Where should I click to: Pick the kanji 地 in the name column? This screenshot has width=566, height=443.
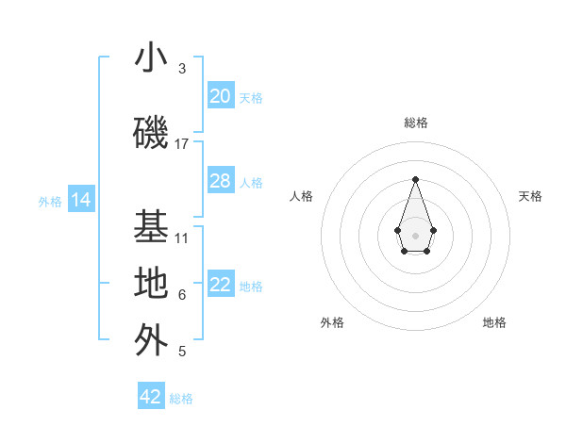(151, 283)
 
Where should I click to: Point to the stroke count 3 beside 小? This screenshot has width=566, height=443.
(182, 69)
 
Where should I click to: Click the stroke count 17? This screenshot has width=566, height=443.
(182, 144)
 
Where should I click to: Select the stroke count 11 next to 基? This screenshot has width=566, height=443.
(182, 238)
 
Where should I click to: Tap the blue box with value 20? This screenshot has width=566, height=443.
(221, 96)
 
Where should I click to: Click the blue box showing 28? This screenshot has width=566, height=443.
(221, 181)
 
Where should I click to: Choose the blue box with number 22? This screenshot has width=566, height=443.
(221, 285)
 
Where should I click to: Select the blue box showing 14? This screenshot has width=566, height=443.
(80, 200)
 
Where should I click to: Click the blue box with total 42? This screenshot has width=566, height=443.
(151, 397)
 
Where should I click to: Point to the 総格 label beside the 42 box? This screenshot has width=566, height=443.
(181, 399)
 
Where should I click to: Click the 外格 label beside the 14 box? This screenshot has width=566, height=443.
(50, 201)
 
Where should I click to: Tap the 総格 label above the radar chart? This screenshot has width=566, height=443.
(415, 123)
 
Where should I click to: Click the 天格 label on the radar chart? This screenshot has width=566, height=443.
(530, 196)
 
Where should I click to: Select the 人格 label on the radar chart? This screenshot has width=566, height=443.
(301, 196)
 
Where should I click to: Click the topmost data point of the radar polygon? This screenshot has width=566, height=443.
(415, 179)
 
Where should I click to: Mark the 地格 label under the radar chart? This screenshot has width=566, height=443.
(494, 322)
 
